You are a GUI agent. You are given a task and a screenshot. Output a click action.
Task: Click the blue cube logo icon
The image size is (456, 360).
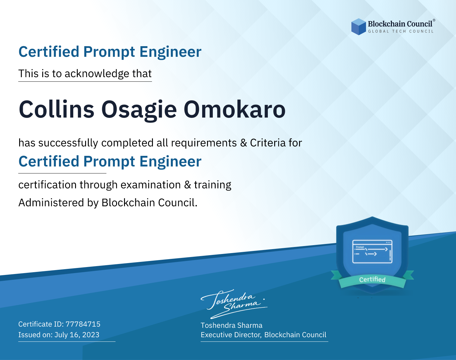coord(358,27)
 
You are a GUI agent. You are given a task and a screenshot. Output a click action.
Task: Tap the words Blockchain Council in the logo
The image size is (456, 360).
coord(400,24)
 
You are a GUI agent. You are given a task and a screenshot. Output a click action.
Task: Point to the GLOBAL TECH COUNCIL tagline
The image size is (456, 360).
coord(401,31)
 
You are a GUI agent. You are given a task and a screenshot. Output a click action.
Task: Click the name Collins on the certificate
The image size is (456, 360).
coord(56,109)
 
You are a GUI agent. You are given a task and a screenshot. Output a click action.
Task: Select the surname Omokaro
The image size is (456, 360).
coord(235,109)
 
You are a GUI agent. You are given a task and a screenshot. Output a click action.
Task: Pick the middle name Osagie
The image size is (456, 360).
coord(139,111)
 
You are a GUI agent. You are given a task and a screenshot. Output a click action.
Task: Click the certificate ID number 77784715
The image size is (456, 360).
coord(83,324)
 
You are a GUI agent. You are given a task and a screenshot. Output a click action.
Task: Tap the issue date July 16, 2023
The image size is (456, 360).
coord(77,334)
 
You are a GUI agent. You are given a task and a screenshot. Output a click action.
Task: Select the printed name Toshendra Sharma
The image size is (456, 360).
coord(231,325)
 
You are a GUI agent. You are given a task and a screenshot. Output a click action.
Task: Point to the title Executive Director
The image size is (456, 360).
coord(231,335)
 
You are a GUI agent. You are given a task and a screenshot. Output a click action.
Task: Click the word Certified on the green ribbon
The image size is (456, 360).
coord(372,279)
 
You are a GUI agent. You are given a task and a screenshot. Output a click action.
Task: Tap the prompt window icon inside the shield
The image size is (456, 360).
coord(372,252)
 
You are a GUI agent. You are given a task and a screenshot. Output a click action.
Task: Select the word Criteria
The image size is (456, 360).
coord(268,143)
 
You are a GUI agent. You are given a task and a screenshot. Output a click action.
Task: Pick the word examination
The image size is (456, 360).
coord(150,185)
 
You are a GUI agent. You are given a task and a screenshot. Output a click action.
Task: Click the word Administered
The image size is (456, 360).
coord(51,203)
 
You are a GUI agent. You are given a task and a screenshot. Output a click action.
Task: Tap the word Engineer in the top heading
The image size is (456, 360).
coord(170,52)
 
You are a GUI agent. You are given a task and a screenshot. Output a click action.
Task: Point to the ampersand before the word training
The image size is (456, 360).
coord(187,185)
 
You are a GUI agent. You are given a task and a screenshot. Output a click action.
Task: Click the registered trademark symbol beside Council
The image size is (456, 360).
coord(434,20)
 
